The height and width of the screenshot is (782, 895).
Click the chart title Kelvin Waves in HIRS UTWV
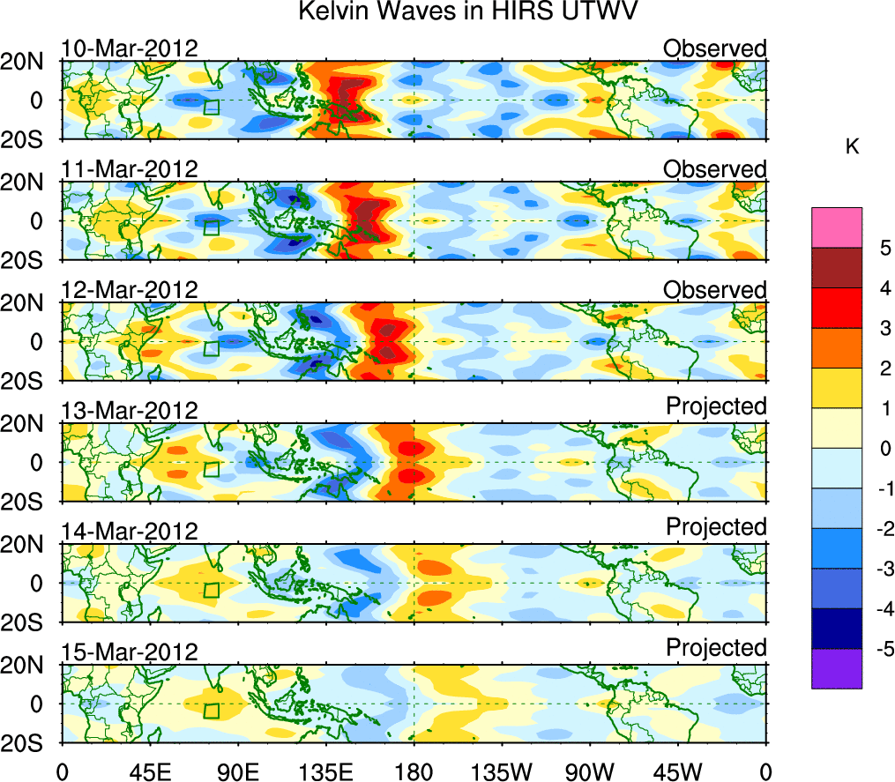pyautogui.click(x=467, y=12)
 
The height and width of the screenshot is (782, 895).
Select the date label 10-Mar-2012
pyautogui.click(x=130, y=48)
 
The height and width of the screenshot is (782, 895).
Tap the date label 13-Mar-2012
pyautogui.click(x=130, y=410)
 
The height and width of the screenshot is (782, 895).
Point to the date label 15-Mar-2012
pyautogui.click(x=130, y=652)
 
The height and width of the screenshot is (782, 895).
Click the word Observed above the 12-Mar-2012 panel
pyautogui.click(x=715, y=289)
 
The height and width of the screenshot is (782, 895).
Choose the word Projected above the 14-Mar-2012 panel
pyautogui.click(x=716, y=526)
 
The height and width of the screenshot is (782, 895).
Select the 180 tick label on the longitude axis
pyautogui.click(x=414, y=772)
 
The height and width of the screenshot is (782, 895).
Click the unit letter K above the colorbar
pyautogui.click(x=852, y=147)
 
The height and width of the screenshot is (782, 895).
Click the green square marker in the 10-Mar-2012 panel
pyautogui.click(x=211, y=107)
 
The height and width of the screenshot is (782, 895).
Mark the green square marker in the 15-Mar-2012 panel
pyautogui.click(x=212, y=711)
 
